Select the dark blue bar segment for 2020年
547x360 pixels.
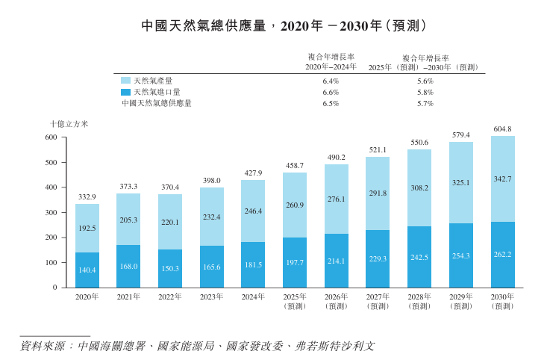(x=87, y=270)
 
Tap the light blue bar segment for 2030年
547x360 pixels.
(x=503, y=179)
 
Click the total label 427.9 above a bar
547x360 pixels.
(x=254, y=173)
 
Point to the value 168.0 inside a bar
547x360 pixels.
(x=129, y=267)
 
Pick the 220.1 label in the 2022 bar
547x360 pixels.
(x=170, y=222)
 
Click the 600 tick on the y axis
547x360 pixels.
(x=51, y=137)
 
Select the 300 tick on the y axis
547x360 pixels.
(x=51, y=212)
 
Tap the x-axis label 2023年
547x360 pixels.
(x=212, y=297)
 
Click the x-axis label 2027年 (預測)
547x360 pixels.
(x=378, y=301)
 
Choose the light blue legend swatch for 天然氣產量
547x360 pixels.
(x=125, y=81)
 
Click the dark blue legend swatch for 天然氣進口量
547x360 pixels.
(x=125, y=92)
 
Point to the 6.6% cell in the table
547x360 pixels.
(x=331, y=93)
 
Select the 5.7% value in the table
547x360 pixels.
(x=425, y=104)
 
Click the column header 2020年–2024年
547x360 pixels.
(x=331, y=67)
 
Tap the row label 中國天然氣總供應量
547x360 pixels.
(x=157, y=104)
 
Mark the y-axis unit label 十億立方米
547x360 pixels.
(x=69, y=124)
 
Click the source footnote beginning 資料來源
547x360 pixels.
(x=197, y=347)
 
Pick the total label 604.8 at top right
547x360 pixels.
(x=502, y=129)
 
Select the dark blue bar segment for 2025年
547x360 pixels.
(x=295, y=263)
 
